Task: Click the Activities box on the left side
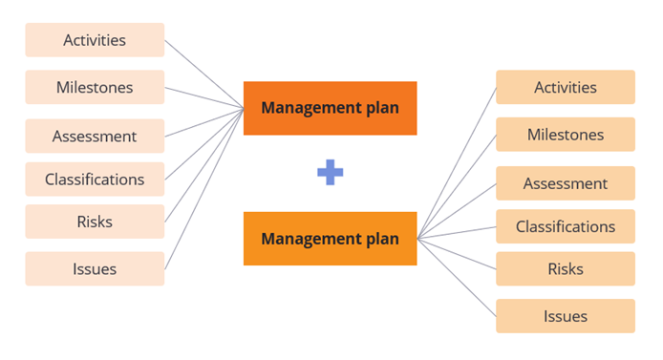(x=95, y=40)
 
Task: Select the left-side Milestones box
(x=95, y=88)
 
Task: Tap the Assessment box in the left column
(x=95, y=136)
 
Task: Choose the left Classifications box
(x=95, y=179)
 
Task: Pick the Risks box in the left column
(x=95, y=222)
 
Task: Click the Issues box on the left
(x=95, y=268)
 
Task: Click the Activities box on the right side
(x=565, y=87)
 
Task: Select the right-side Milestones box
(x=565, y=135)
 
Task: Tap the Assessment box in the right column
(x=565, y=182)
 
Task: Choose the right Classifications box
(x=565, y=226)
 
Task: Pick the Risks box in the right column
(x=565, y=268)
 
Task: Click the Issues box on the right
(x=565, y=316)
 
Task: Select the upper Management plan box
(x=330, y=108)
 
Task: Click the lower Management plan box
(x=330, y=239)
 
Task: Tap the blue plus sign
(x=330, y=172)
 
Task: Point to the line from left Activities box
(x=204, y=74)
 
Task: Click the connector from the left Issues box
(x=204, y=188)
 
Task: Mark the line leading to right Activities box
(x=457, y=162)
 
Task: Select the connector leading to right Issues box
(x=457, y=276)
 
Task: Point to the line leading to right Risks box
(x=457, y=253)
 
